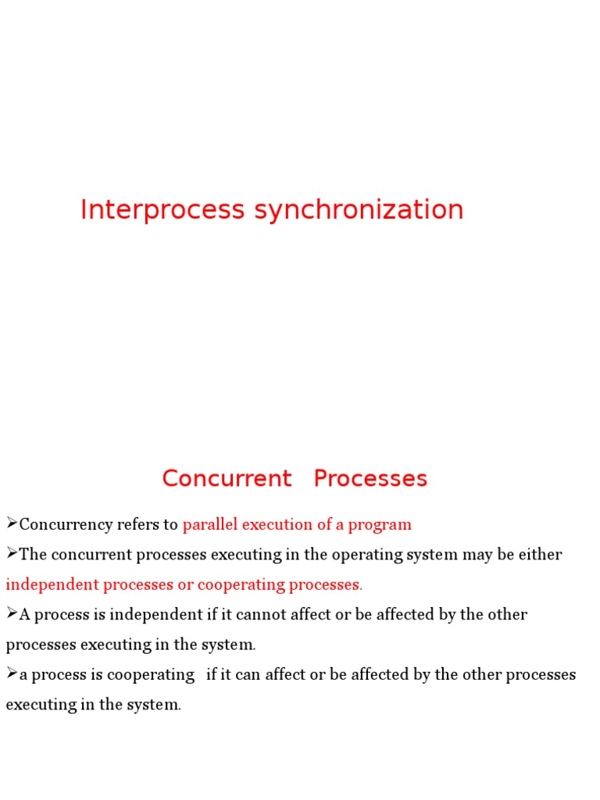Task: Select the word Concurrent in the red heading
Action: (x=227, y=478)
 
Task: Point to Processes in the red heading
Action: (x=370, y=478)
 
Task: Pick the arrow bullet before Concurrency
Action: (x=12, y=523)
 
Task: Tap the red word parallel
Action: (x=209, y=524)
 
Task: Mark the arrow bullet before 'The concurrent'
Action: (x=12, y=553)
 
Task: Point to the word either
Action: (x=541, y=555)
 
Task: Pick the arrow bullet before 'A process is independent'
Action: (x=12, y=613)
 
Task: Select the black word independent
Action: (x=157, y=615)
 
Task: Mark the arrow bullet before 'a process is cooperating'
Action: (x=12, y=673)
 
